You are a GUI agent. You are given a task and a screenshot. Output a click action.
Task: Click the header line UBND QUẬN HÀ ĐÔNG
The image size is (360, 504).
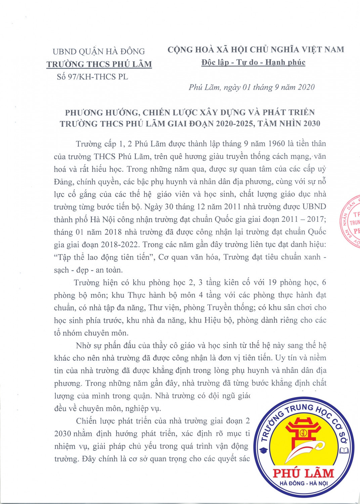tap(99, 51)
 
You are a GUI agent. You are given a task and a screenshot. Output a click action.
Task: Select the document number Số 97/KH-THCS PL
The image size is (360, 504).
tap(92, 77)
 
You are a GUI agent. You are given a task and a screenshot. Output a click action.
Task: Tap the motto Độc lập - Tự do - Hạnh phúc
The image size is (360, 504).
tap(253, 62)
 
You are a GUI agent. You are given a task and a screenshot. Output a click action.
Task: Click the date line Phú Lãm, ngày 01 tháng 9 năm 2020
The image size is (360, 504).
tap(252, 87)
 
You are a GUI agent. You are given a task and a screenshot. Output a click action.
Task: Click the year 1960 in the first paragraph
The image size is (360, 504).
tap(276, 144)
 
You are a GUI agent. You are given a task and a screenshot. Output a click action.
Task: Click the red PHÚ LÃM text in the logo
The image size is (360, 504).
tap(303, 473)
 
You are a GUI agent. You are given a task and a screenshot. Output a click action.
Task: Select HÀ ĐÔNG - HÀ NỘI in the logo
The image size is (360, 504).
tap(303, 483)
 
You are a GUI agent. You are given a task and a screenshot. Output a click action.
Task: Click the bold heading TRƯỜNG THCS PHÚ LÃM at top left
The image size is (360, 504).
tap(99, 64)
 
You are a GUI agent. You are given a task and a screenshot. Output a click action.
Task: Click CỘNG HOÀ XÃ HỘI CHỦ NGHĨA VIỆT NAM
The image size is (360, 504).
tap(256, 50)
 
